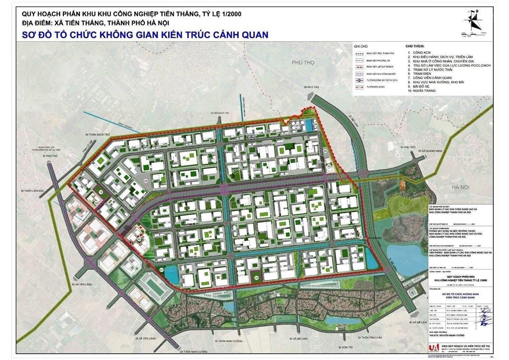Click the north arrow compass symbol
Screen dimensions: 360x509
[x=474, y=19]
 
